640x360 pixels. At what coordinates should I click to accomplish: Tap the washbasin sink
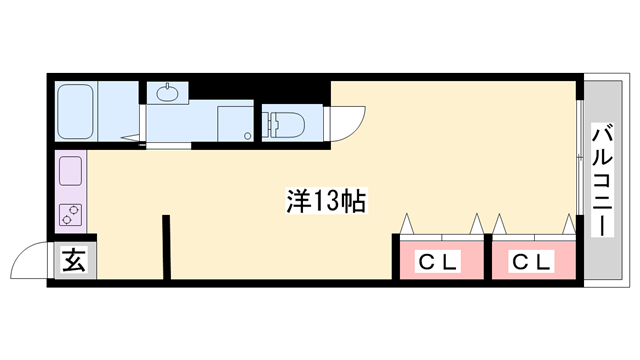tap(165, 94)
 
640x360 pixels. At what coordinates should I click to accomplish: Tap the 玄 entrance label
tap(74, 262)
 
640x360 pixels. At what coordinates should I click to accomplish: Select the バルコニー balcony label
tap(602, 180)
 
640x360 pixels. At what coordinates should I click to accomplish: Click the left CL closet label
tap(437, 262)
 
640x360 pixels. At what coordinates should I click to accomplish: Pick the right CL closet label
tap(531, 262)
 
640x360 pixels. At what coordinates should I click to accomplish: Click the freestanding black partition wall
tap(166, 245)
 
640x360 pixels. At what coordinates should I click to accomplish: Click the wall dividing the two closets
tap(486, 260)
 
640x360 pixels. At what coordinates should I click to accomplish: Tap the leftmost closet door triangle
tap(407, 223)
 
